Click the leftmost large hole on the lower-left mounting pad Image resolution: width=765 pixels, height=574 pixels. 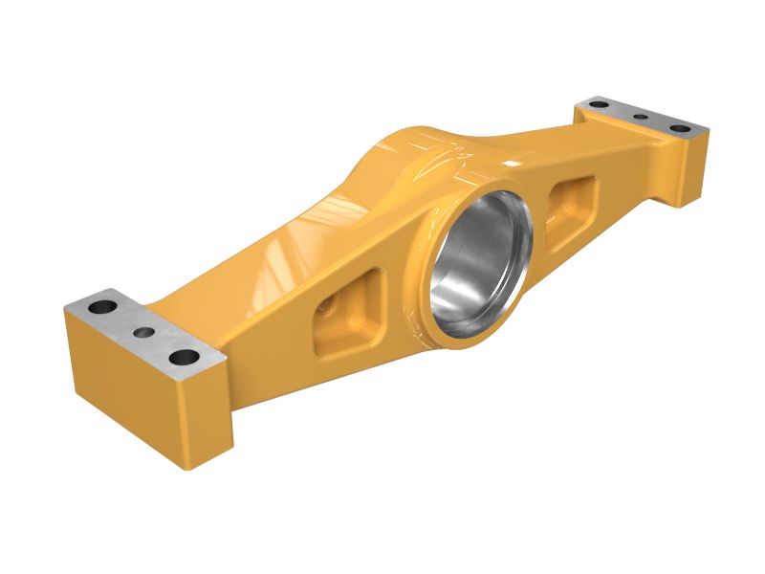pos(101,308)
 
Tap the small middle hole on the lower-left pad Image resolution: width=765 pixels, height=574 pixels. pos(143,332)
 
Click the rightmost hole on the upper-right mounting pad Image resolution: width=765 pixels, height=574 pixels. pos(679,127)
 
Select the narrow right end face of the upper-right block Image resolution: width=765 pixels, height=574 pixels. pos(694,166)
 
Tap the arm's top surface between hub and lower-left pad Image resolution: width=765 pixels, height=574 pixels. pos(277,249)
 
